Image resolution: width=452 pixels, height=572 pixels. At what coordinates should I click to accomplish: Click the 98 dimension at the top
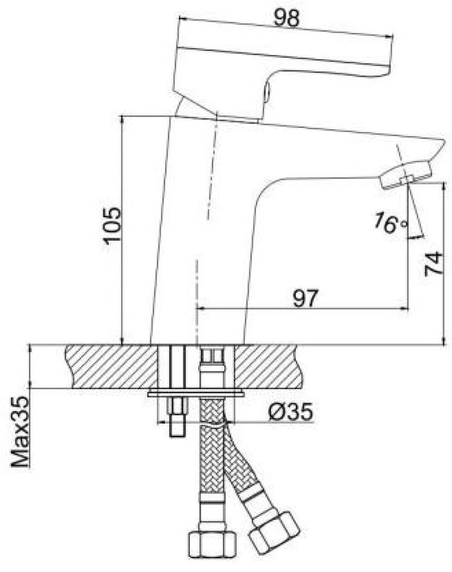pyautogui.click(x=287, y=18)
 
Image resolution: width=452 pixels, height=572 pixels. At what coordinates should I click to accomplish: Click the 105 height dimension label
pyautogui.click(x=111, y=225)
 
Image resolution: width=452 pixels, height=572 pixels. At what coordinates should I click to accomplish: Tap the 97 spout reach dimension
pyautogui.click(x=306, y=299)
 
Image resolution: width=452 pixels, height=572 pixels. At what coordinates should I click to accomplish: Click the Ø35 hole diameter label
pyautogui.click(x=291, y=412)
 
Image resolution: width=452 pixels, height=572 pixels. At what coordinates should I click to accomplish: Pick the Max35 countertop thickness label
pyautogui.click(x=20, y=432)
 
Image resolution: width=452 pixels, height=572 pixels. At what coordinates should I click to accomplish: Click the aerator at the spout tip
pyautogui.click(x=405, y=175)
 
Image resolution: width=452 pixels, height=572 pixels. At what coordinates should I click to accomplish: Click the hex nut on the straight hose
pyautogui.click(x=212, y=545)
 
